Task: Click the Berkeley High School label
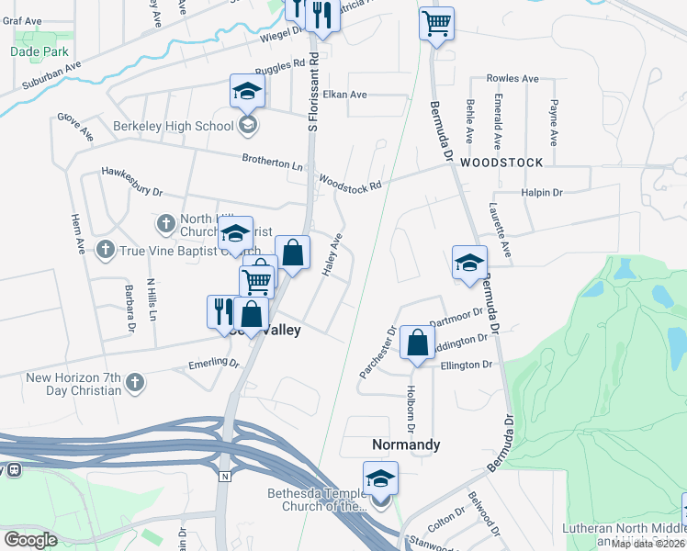[174, 126]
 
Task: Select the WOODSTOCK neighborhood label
[501, 162]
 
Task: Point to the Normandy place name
[406, 444]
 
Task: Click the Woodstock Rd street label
[350, 184]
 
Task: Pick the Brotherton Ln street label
[272, 162]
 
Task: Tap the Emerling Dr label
[213, 363]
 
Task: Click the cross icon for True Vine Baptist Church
[106, 249]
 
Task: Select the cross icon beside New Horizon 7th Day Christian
[135, 381]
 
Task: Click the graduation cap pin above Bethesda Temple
[380, 478]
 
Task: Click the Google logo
[30, 540]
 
